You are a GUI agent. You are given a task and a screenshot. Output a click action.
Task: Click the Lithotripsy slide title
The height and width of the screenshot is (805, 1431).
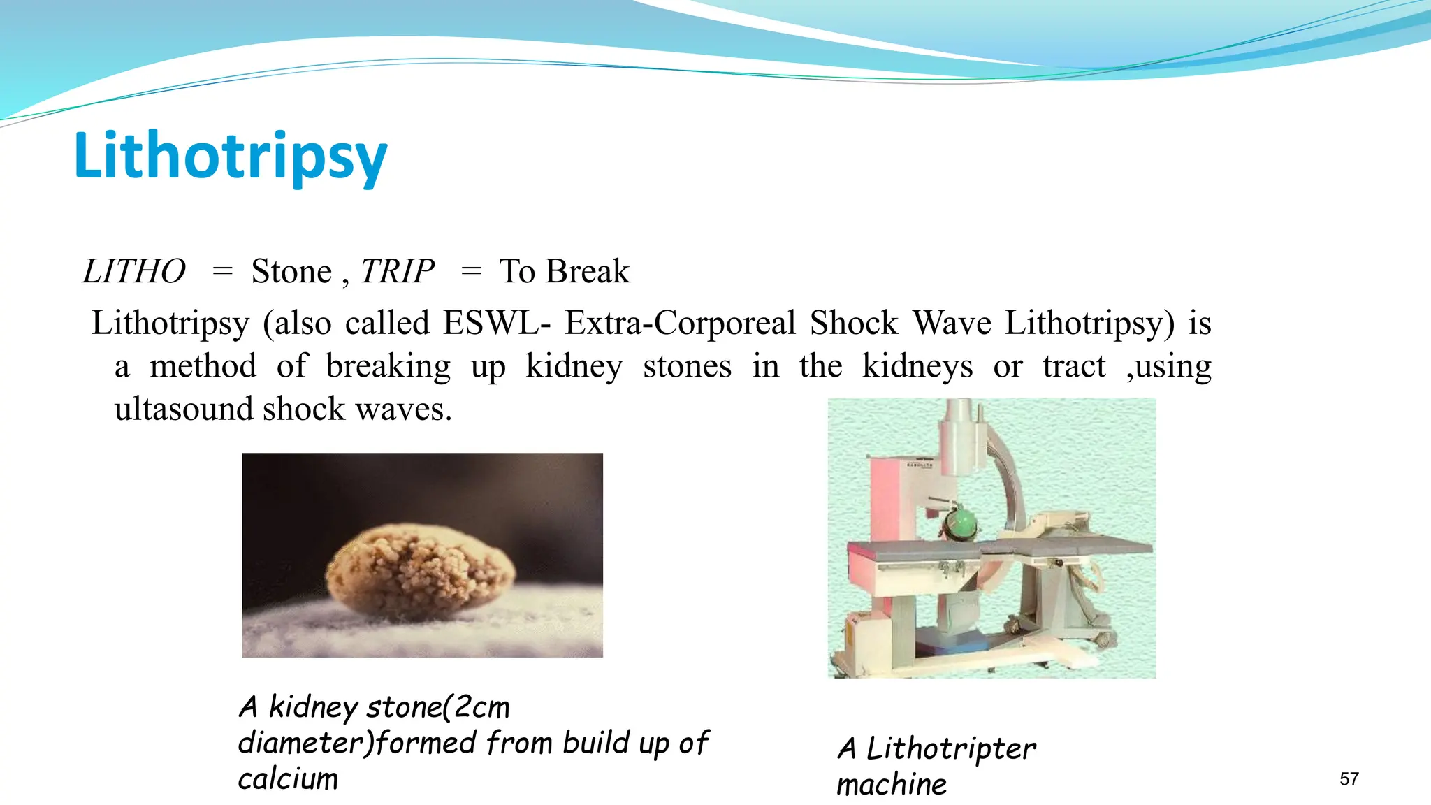[231, 157]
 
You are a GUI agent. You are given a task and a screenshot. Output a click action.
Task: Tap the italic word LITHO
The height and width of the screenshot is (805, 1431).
[134, 271]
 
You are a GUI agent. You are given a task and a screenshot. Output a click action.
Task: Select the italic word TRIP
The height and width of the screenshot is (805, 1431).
[397, 271]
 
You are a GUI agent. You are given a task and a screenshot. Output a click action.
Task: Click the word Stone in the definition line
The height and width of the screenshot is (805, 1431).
[291, 271]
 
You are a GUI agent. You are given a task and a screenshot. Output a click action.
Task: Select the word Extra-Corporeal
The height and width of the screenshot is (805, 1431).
[680, 323]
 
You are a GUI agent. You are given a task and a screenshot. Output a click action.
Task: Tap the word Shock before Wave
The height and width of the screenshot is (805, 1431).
[854, 323]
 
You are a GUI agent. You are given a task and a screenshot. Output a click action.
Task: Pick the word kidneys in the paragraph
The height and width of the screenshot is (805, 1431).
[917, 366]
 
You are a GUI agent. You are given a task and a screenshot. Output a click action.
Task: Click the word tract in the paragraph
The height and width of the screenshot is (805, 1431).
[1074, 366]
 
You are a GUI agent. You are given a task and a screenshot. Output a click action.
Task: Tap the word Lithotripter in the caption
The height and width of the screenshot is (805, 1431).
[950, 748]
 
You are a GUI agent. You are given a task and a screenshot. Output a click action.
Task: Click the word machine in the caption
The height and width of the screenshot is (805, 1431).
[892, 785]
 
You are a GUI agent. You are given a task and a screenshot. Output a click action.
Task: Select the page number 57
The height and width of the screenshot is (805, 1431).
[1349, 779]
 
